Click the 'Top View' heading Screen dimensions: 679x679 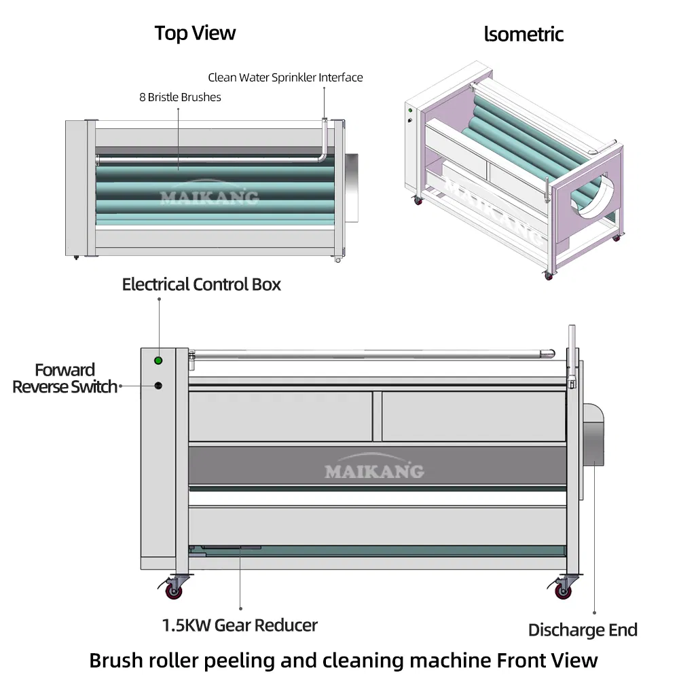(x=195, y=33)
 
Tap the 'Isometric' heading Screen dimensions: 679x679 (x=524, y=34)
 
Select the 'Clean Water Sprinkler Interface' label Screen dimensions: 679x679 (x=285, y=77)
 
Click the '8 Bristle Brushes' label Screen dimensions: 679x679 (x=180, y=97)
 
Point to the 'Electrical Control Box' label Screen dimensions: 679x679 (x=201, y=285)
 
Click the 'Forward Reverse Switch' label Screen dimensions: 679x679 (x=65, y=379)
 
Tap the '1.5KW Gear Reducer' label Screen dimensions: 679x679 (x=239, y=625)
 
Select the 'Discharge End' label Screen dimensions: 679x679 (x=583, y=630)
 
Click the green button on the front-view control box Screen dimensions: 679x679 (x=158, y=361)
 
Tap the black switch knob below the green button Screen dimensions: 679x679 (x=158, y=386)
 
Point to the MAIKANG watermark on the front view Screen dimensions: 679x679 (x=374, y=471)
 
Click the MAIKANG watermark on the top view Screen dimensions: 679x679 (x=209, y=197)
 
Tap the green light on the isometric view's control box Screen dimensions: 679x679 (x=411, y=110)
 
